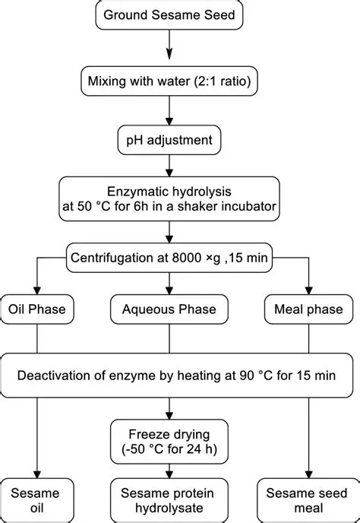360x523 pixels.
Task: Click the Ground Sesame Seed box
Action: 169,14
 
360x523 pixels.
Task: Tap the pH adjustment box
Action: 169,140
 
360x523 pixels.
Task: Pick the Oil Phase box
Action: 36,309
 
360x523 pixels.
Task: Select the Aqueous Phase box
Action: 169,309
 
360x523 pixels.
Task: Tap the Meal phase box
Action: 307,309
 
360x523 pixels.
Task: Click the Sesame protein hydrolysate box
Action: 169,499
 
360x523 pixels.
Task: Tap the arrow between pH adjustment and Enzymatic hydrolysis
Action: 169,167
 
